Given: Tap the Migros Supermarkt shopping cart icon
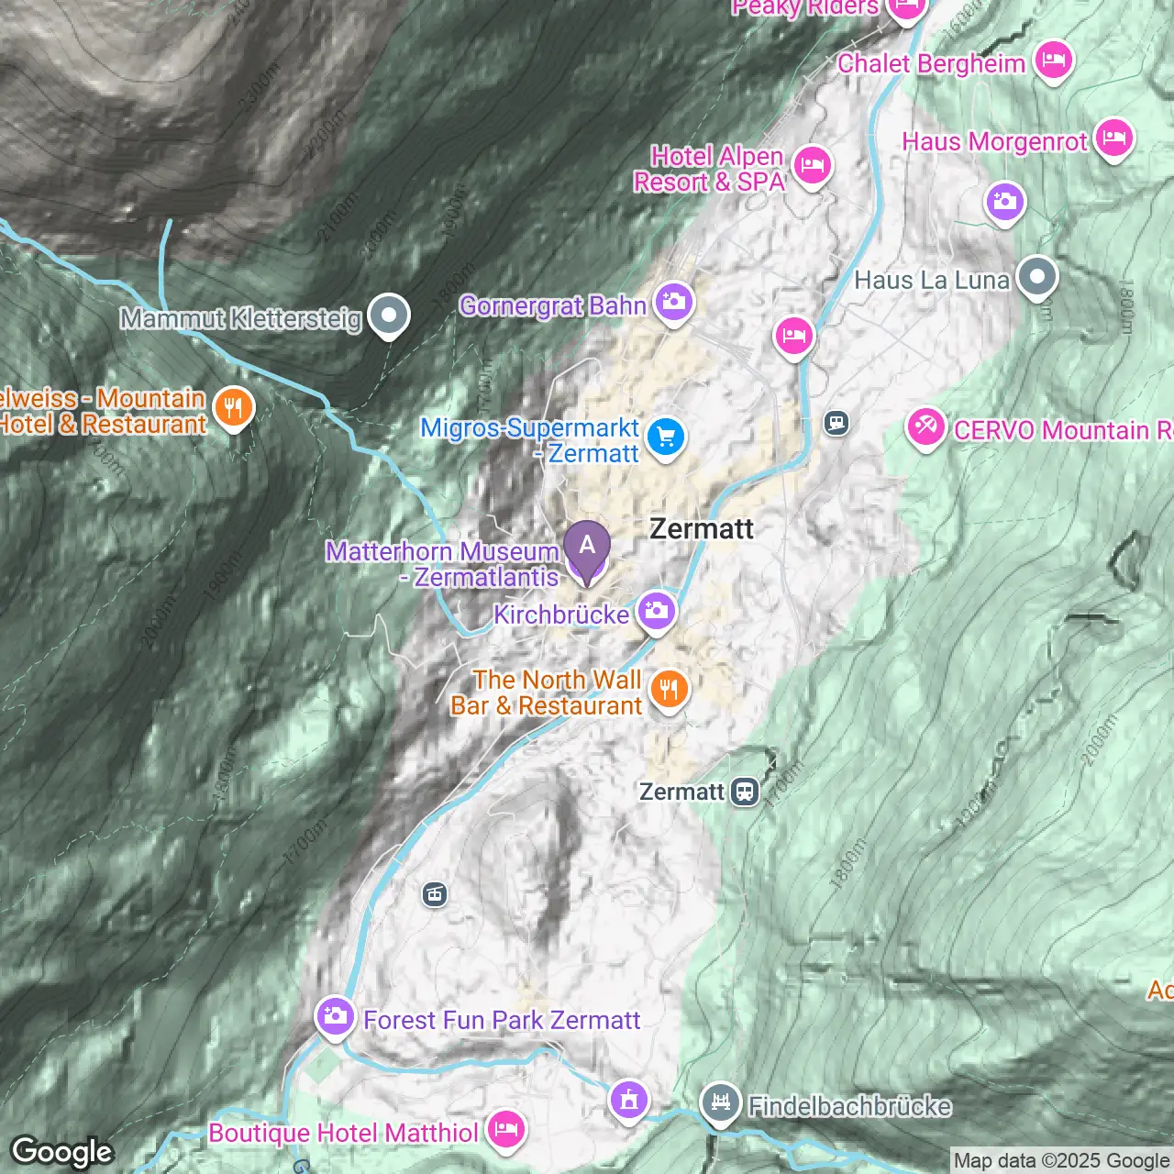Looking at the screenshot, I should [x=666, y=437].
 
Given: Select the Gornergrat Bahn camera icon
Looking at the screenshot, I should [x=674, y=302].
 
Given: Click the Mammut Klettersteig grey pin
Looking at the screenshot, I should [x=389, y=315].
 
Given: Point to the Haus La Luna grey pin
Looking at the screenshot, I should [x=1037, y=276].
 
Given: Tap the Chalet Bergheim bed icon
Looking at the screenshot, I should [x=1053, y=60].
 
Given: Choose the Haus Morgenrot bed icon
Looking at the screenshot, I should [x=1113, y=138].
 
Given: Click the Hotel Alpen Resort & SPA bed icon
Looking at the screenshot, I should [x=812, y=166].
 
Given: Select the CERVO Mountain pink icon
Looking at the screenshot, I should [x=925, y=426].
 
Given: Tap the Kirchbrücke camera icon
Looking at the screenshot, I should [x=656, y=611].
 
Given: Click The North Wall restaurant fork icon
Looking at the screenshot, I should [x=669, y=689].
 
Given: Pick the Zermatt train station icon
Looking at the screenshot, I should [x=745, y=792].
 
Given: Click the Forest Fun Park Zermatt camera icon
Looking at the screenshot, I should [x=335, y=1016].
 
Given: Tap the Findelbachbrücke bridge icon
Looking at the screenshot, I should [x=721, y=1102].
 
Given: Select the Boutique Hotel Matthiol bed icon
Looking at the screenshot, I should [x=505, y=1129].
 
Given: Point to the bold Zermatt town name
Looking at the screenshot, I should [x=702, y=529].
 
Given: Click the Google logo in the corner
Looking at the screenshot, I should [x=62, y=1152].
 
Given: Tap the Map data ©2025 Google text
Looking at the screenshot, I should [x=1061, y=1161].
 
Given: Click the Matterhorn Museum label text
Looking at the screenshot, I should [x=442, y=552].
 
